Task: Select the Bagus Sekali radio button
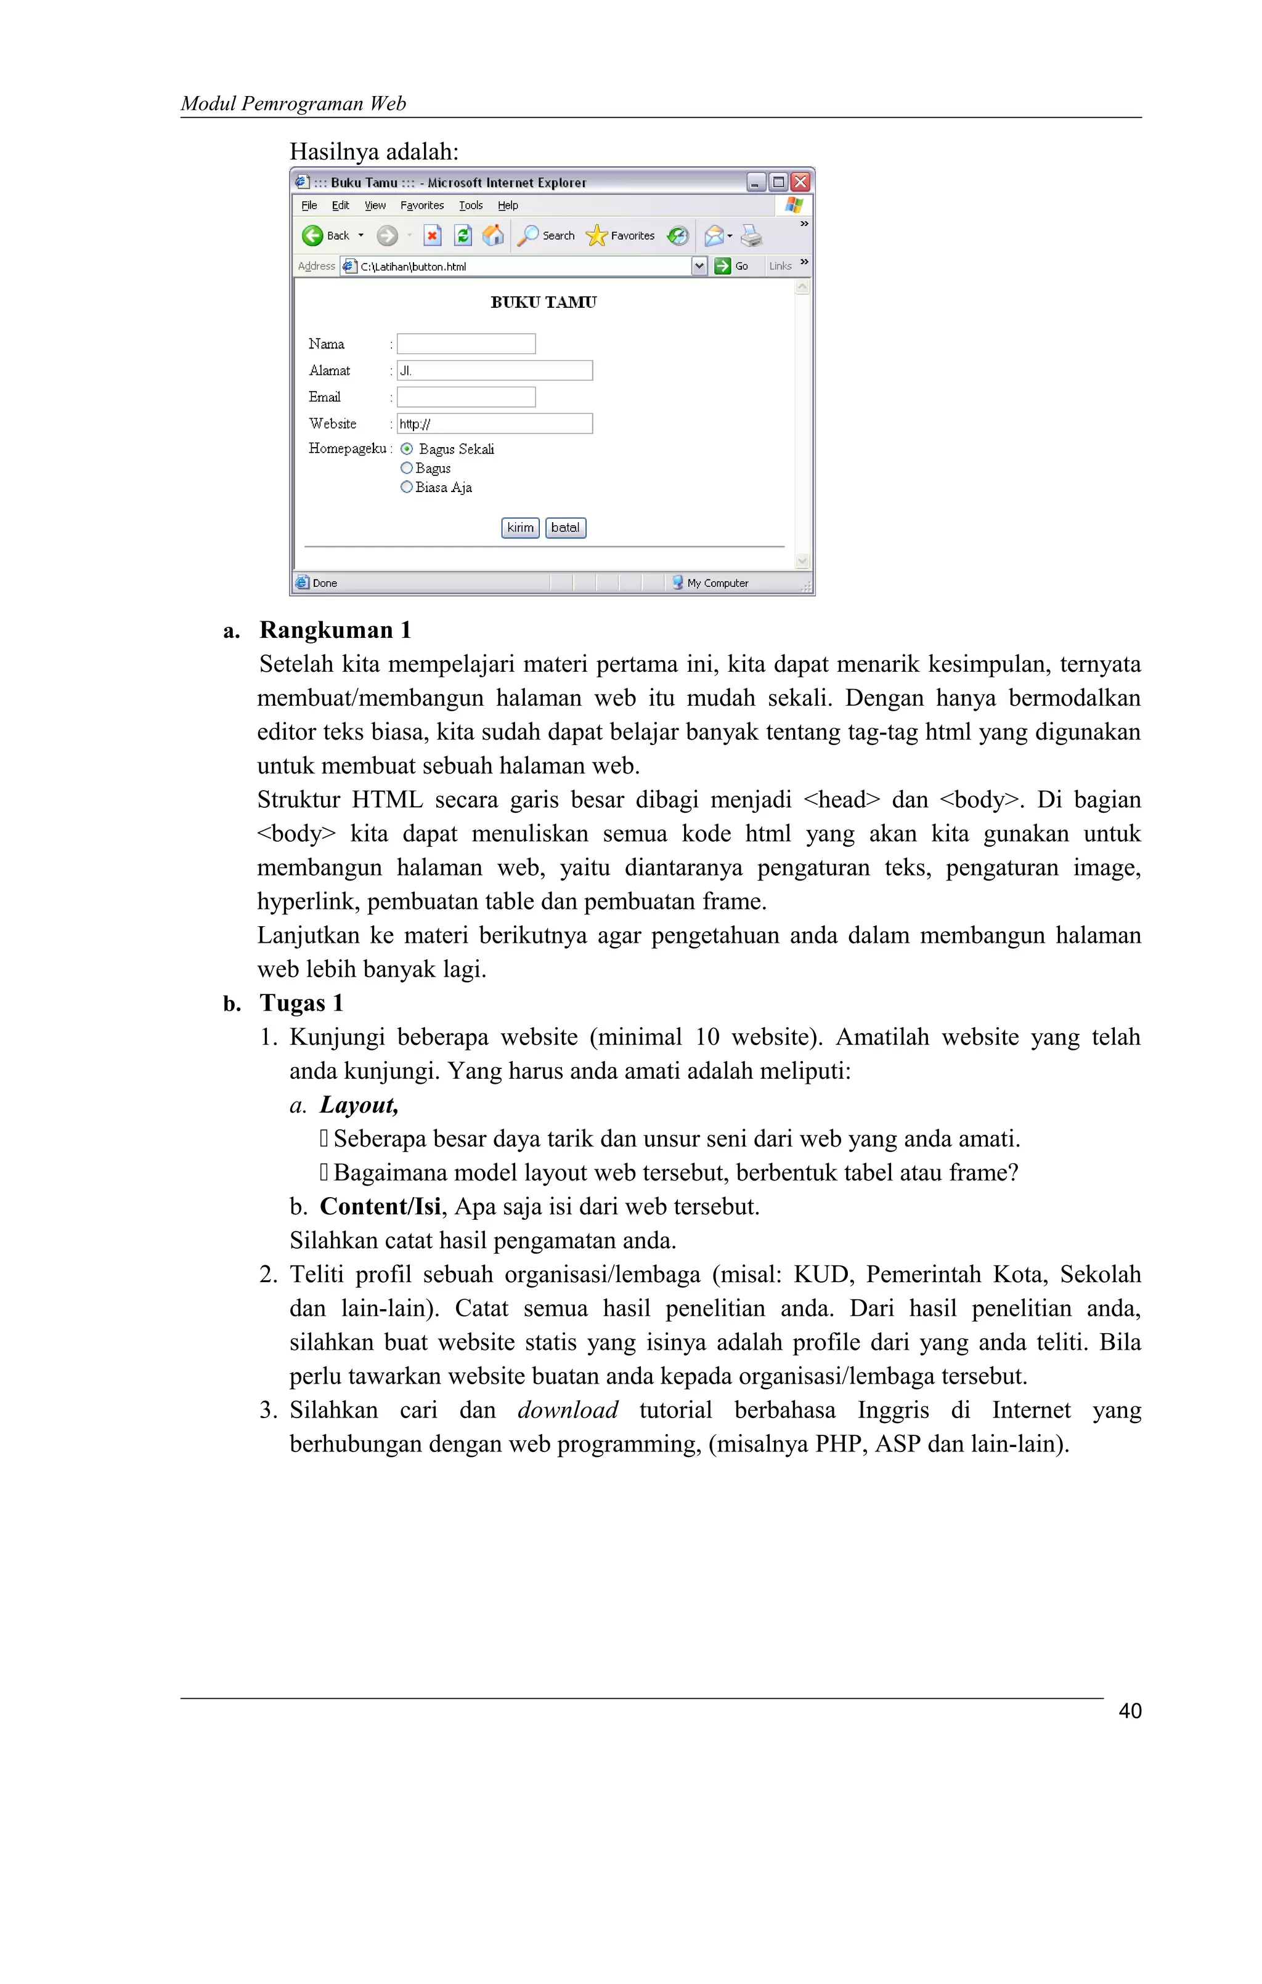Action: coord(406,449)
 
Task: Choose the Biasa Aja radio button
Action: coord(406,487)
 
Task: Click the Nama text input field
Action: coord(466,344)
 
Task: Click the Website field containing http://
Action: coord(495,424)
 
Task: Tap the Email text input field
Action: coord(466,397)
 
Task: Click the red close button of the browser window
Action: coord(800,182)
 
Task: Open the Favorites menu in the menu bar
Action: coord(422,205)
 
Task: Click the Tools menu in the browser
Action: coord(471,205)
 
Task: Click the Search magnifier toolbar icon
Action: coord(528,236)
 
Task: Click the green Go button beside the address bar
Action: coord(723,265)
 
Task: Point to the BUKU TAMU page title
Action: coord(543,302)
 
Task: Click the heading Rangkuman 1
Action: coord(335,631)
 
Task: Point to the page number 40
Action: coord(1130,1711)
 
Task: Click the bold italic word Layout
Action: coord(359,1105)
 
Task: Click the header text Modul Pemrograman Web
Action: coord(293,103)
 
